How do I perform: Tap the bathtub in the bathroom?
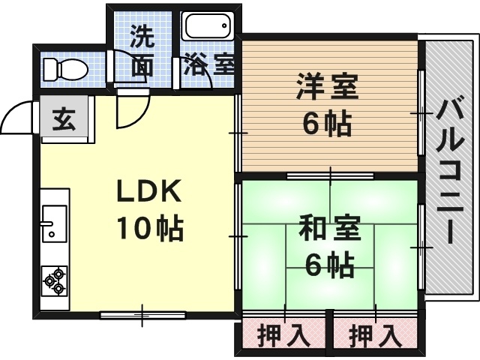(208, 28)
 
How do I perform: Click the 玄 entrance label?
(64, 118)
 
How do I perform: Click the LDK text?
(148, 192)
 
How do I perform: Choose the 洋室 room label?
(327, 86)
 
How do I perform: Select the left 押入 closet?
(284, 334)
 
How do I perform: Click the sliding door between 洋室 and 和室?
(330, 175)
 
